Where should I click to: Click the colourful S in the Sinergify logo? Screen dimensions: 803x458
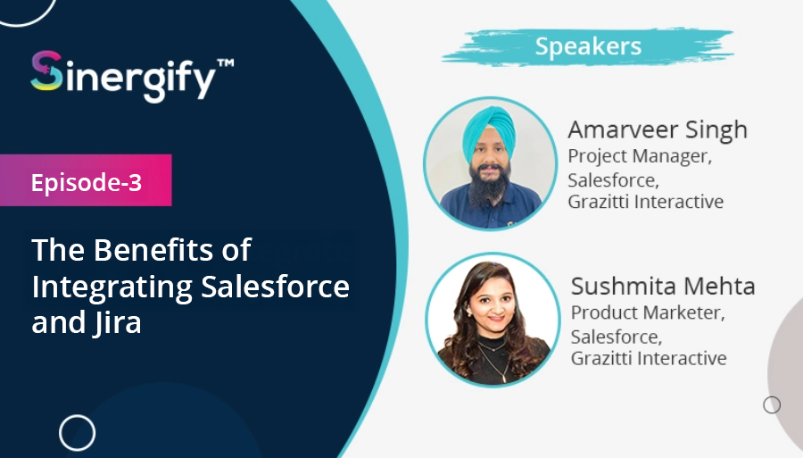46,71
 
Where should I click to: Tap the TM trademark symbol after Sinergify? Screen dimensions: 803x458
226,63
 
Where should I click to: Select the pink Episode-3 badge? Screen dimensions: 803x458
86,180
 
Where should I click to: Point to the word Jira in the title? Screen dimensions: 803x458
117,324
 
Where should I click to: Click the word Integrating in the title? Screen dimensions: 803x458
112,287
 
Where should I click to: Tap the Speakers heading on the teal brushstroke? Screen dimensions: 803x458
589,46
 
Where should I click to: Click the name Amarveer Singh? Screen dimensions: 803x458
658,130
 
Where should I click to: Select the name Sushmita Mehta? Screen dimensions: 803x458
663,287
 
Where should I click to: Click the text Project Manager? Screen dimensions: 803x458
640,156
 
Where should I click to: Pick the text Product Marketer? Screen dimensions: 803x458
648,312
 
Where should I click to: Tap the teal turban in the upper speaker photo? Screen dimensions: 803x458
489,131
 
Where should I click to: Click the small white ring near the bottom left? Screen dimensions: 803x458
78,433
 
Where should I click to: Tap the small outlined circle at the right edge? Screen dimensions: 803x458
772,405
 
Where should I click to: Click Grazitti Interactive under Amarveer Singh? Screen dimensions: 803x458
646,202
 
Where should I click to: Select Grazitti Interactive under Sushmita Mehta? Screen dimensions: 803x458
649,358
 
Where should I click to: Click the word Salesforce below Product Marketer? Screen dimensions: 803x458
617,337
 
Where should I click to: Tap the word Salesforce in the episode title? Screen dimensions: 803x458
275,287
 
